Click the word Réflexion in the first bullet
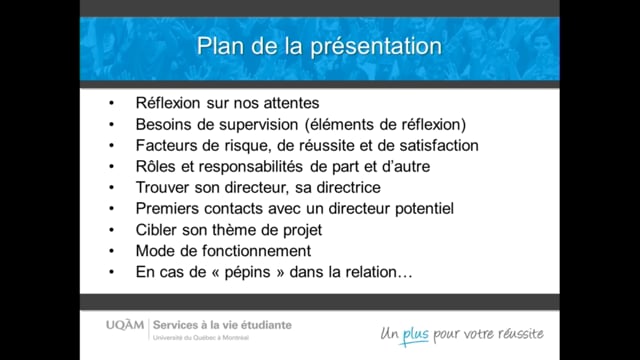[169, 103]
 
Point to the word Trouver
[164, 187]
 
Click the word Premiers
[168, 208]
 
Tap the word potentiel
[418, 208]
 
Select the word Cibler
[157, 229]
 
